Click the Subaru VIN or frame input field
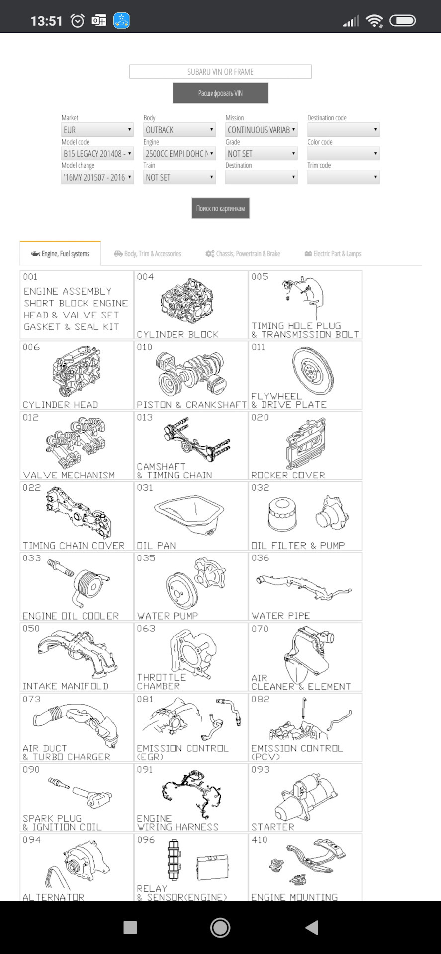220,72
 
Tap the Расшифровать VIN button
220,93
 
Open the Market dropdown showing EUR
97,130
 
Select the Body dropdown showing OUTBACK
179,130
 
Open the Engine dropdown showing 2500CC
179,154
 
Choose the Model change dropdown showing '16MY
97,177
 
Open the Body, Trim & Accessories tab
148,254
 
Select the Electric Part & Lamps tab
333,254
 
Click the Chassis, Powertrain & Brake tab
243,254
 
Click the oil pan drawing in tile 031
189,515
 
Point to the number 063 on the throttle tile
146,629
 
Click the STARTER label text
273,827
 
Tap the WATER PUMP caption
168,616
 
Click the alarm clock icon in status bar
78,21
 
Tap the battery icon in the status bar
402,21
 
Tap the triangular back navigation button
311,927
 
